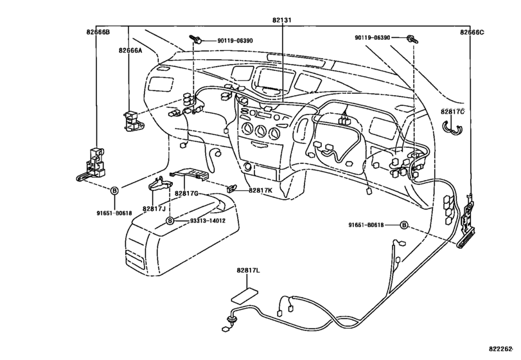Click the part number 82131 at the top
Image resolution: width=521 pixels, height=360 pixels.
click(282, 20)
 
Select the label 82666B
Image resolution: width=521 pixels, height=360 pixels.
click(98, 32)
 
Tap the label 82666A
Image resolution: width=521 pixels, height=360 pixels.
click(130, 50)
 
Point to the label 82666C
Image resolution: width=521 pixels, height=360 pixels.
click(472, 32)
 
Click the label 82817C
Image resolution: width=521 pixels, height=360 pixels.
click(452, 112)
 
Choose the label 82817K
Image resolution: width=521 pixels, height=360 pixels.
click(261, 190)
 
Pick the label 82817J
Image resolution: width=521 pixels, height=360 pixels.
click(154, 209)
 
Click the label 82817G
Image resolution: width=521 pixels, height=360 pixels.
click(186, 194)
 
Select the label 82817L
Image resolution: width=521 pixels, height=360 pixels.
click(249, 271)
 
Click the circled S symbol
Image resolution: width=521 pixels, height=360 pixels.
click(170, 221)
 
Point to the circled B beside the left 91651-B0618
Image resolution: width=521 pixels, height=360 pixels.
click(114, 190)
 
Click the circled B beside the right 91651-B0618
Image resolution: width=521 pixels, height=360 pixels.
click(404, 225)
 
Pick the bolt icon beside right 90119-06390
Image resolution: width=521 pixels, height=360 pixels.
click(412, 39)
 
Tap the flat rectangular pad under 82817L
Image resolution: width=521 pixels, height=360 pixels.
click(245, 296)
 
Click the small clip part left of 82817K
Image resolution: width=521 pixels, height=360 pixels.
click(232, 188)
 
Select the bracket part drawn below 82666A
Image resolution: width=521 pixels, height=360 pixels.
click(132, 120)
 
